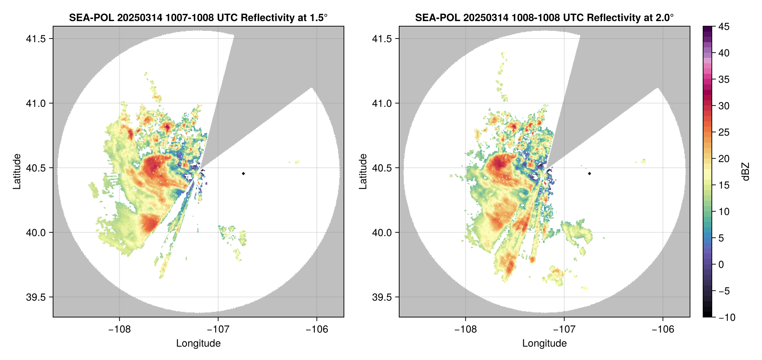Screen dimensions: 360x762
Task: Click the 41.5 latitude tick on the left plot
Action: [x=36, y=39]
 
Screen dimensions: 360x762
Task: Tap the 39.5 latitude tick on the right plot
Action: [x=382, y=297]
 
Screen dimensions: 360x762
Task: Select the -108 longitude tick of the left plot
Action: [x=119, y=329]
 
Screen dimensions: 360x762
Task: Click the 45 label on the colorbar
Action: [x=723, y=27]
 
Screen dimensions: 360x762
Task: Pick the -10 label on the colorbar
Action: [x=727, y=317]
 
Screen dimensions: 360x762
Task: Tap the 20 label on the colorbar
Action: [x=723, y=159]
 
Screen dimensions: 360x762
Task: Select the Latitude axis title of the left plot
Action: [x=17, y=172]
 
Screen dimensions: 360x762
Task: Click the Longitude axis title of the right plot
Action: [x=544, y=343]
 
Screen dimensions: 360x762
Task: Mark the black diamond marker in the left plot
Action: [x=243, y=173]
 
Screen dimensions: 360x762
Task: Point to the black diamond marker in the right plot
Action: [x=589, y=173]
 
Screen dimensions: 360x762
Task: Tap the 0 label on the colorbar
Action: [x=721, y=265]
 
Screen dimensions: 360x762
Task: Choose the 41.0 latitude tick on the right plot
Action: [x=382, y=103]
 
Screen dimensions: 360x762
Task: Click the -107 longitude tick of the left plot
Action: [x=218, y=329]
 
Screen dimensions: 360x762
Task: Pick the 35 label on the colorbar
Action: [x=723, y=79]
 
